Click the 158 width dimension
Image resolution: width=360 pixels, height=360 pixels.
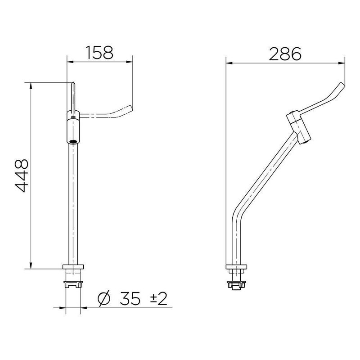coord(100,53)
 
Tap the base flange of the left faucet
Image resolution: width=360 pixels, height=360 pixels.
coord(73,269)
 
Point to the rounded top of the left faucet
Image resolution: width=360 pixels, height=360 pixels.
coord(73,84)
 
